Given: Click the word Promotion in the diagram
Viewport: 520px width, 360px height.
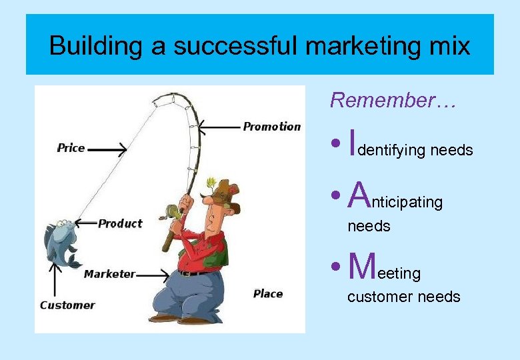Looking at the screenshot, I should (271, 127).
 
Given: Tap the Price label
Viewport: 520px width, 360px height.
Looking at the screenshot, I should (71, 148).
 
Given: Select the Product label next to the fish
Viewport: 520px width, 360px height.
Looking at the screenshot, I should (120, 223).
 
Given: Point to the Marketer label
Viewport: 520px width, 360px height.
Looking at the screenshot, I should (109, 274).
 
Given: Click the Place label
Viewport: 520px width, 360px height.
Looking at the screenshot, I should (268, 293).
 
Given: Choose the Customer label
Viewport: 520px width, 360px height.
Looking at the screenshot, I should (67, 305).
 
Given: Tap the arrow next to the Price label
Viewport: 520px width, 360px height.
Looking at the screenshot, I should (107, 150).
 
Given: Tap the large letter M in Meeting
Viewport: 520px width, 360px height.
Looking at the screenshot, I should (362, 267).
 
